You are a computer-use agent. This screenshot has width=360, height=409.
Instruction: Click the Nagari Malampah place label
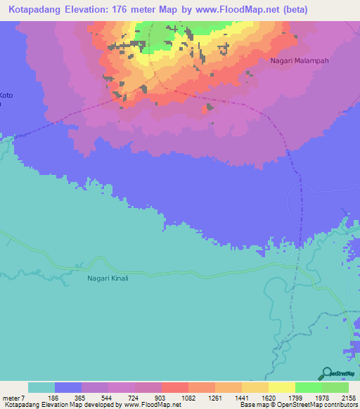tap(300, 61)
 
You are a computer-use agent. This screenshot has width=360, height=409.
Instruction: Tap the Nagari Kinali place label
tap(108, 278)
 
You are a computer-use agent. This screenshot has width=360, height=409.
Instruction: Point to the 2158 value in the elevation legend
tap(348, 398)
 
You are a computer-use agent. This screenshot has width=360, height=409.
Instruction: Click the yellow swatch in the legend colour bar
tap(281, 388)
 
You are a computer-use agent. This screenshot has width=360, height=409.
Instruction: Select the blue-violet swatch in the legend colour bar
tap(68, 388)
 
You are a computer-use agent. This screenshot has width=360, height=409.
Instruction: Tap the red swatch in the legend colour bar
tap(174, 388)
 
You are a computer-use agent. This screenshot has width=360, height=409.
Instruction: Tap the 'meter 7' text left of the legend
tap(12, 398)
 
